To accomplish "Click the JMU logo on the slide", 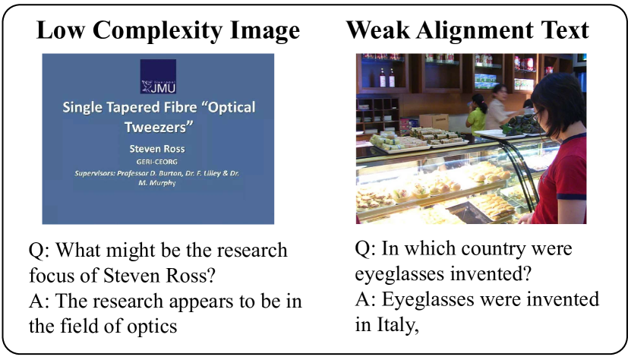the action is (x=158, y=77).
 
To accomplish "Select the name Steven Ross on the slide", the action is (x=157, y=149).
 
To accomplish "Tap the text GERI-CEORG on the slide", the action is (x=157, y=162).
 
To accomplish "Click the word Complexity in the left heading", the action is (x=156, y=31).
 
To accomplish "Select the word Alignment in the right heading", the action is (x=475, y=31).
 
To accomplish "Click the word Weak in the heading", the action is (x=378, y=30).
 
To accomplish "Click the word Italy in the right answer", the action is (x=398, y=324).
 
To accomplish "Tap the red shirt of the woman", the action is (x=563, y=182).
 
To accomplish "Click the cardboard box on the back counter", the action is (x=434, y=122).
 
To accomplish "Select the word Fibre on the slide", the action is (x=179, y=108).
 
